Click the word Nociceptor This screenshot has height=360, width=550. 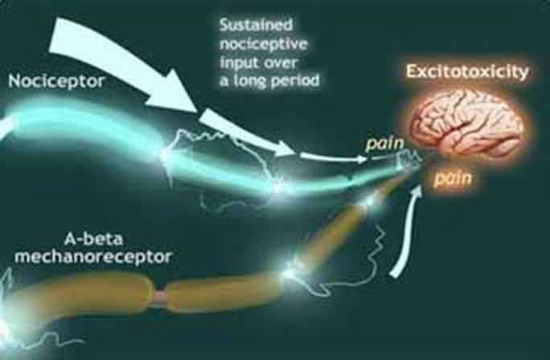pyautogui.click(x=56, y=81)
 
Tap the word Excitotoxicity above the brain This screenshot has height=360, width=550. pyautogui.click(x=467, y=72)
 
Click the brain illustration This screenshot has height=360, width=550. pyautogui.click(x=468, y=124)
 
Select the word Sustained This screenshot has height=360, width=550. pyautogui.click(x=256, y=25)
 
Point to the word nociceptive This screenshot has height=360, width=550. pyautogui.click(x=264, y=44)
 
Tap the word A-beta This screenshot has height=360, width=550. pyautogui.click(x=93, y=239)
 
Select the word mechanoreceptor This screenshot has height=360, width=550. pyautogui.click(x=93, y=257)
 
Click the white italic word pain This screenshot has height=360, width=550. pyautogui.click(x=384, y=144)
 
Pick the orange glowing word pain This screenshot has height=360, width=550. pyautogui.click(x=453, y=178)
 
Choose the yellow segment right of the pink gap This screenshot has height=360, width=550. pyautogui.click(x=224, y=292)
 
